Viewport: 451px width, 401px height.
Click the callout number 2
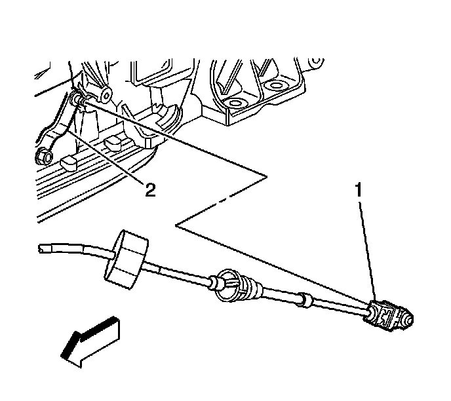point(150,190)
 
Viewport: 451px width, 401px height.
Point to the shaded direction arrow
point(90,341)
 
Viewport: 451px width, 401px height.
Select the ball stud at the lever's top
point(79,98)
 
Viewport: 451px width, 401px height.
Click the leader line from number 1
point(366,249)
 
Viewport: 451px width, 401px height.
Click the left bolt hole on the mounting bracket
point(233,104)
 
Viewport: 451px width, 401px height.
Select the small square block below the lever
point(68,162)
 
